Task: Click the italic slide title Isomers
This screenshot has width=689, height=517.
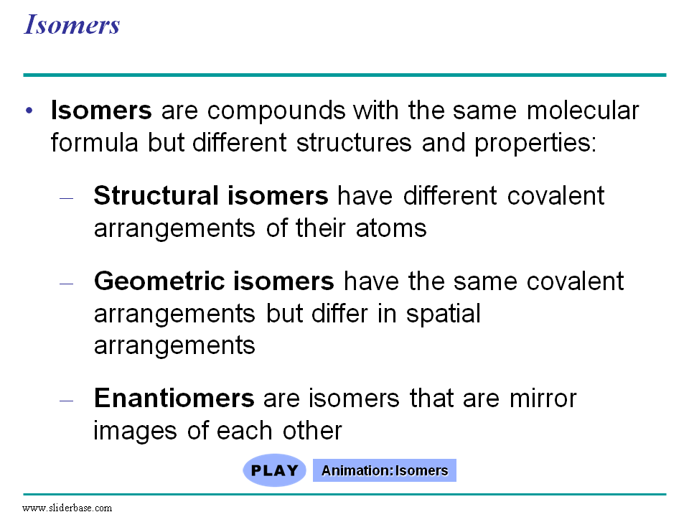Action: (72, 24)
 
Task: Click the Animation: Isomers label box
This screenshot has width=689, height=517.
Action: (385, 470)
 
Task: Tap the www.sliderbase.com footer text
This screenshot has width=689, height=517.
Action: (67, 508)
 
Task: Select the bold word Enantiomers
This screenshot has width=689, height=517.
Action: (174, 398)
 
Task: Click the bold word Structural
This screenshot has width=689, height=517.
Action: (156, 195)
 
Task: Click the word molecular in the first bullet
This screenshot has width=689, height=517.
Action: (583, 110)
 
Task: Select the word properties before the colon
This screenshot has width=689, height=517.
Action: (532, 144)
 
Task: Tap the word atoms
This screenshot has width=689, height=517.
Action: (391, 228)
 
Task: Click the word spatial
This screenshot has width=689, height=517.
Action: (443, 315)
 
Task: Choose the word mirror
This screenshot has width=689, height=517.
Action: (543, 399)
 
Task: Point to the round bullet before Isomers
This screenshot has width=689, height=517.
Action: (29, 110)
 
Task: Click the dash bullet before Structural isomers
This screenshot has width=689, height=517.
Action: (66, 198)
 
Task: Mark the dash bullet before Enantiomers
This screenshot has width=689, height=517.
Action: (66, 401)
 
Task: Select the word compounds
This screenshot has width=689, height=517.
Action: (276, 111)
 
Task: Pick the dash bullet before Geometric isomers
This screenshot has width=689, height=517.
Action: (66, 284)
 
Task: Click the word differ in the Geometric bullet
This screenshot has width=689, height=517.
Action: (339, 314)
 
